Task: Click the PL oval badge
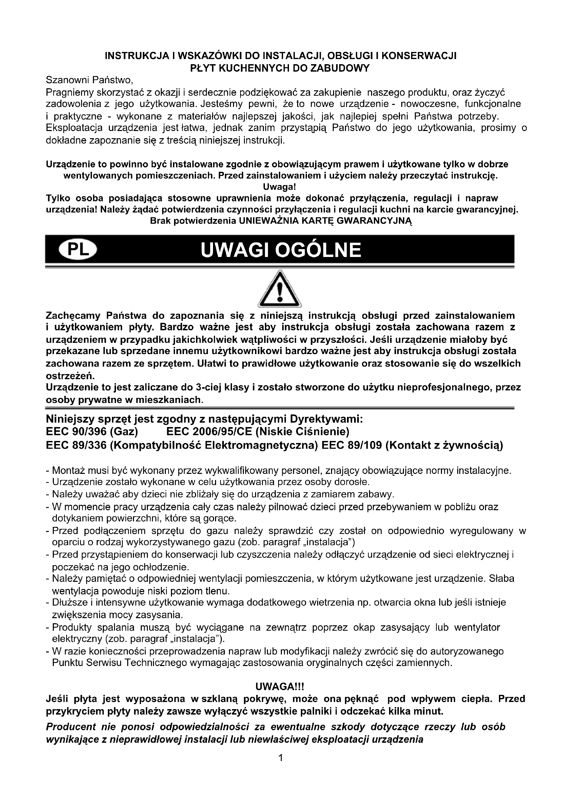pos(78,250)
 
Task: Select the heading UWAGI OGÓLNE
pos(281,250)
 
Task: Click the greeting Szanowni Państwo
pos(90,80)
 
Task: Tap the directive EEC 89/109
pos(352,445)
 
